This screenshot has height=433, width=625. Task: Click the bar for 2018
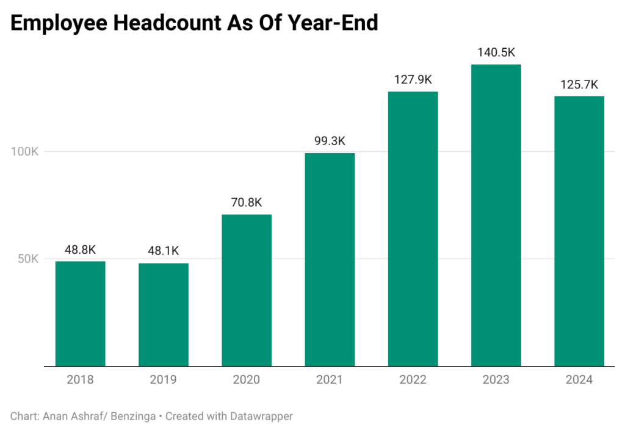pyautogui.click(x=80, y=313)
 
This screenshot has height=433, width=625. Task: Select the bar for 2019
pyautogui.click(x=163, y=315)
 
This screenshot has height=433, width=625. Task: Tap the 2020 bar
pyautogui.click(x=246, y=290)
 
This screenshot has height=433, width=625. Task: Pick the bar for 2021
pyautogui.click(x=330, y=260)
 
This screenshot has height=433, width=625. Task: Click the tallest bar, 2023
pyautogui.click(x=496, y=215)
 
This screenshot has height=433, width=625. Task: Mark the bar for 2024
pyautogui.click(x=579, y=231)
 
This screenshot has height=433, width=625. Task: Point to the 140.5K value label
pyautogui.click(x=496, y=53)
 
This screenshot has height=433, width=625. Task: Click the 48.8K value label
pyautogui.click(x=80, y=249)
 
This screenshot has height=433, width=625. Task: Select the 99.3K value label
pyautogui.click(x=330, y=141)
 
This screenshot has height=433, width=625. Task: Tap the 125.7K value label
pyautogui.click(x=579, y=84)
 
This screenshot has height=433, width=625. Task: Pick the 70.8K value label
pyautogui.click(x=246, y=202)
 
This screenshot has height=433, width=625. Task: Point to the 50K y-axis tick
pyautogui.click(x=27, y=259)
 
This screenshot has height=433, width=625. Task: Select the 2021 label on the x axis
pyautogui.click(x=330, y=379)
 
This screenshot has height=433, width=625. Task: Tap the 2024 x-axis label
pyautogui.click(x=579, y=379)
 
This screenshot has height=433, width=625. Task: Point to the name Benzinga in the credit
pyautogui.click(x=131, y=416)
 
